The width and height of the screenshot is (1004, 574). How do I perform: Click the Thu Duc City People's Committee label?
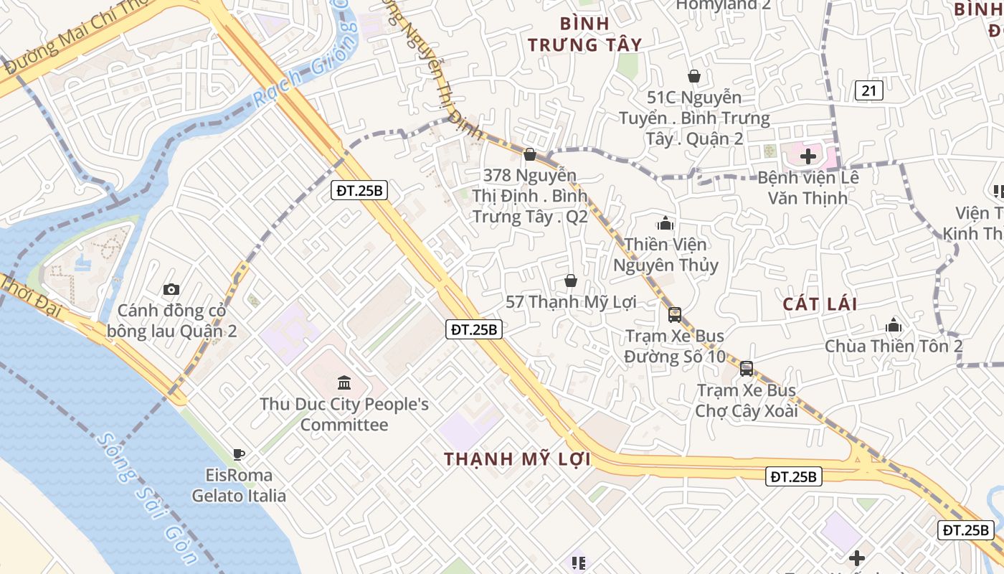tap(344, 415)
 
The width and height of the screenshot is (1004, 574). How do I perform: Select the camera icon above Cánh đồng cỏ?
tap(171, 289)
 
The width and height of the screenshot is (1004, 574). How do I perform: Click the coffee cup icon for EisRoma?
tap(239, 453)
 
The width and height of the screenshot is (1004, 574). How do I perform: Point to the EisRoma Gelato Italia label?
tap(239, 486)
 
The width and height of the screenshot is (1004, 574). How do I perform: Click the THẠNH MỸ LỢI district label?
tap(517, 459)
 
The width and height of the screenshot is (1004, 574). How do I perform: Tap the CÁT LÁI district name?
tap(820, 304)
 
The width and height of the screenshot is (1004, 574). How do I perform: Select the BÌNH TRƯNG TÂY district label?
tap(584, 33)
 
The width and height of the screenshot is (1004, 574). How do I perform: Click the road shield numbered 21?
tap(868, 90)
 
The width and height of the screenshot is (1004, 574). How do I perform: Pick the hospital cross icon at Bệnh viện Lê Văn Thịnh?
tap(808, 156)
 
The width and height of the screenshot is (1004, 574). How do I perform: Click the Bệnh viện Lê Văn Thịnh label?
tap(808, 187)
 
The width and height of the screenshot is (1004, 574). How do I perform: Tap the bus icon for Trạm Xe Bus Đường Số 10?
tap(674, 314)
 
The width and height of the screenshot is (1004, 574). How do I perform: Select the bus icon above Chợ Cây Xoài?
tap(747, 369)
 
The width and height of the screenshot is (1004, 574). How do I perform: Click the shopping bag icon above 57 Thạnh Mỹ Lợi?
tap(571, 280)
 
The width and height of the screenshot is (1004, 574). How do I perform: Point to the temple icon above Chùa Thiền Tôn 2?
tap(893, 325)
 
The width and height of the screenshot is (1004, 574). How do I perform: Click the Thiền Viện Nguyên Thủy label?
tap(666, 255)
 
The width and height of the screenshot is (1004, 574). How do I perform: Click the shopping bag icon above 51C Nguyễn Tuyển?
tap(693, 76)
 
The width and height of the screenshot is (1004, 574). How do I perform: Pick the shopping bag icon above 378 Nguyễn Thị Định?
tap(530, 154)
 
